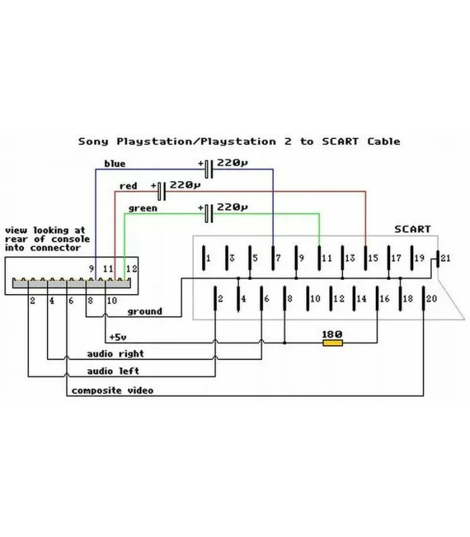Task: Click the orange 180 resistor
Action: [332, 343]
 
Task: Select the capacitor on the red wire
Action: [161, 191]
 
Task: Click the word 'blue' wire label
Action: [114, 163]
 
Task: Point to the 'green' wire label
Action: [142, 208]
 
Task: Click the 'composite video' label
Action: [112, 390]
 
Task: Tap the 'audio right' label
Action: [115, 353]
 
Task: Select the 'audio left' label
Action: [112, 371]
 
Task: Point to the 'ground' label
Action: [144, 311]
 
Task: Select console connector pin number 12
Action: [132, 269]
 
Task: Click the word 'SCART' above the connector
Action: [412, 229]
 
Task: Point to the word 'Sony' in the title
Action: [95, 141]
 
